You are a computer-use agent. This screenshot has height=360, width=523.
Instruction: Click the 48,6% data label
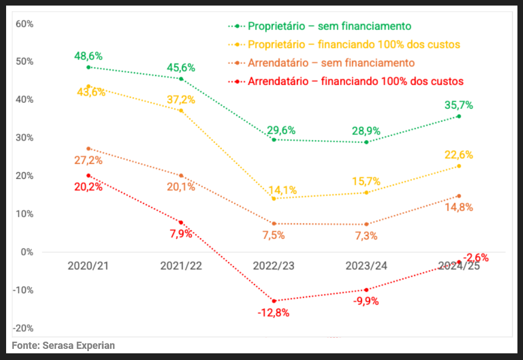(x=88, y=56)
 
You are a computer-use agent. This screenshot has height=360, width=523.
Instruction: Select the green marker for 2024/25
(x=459, y=116)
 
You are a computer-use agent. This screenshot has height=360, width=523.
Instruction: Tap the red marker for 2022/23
(x=274, y=301)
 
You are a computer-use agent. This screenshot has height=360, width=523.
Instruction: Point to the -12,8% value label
(x=273, y=312)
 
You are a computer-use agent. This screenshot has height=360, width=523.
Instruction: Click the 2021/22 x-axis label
(x=181, y=266)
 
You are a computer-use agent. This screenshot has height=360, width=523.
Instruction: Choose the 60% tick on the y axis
(x=25, y=24)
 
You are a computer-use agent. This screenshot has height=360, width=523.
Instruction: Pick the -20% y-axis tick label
(x=23, y=328)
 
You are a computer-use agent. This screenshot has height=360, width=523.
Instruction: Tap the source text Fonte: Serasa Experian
(x=63, y=345)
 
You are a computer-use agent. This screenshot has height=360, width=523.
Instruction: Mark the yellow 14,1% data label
(x=282, y=190)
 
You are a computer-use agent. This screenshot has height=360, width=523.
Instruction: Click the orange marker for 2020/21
(x=88, y=149)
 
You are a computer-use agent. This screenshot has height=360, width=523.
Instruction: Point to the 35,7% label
(x=459, y=105)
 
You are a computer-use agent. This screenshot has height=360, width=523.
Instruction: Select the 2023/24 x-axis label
(x=366, y=266)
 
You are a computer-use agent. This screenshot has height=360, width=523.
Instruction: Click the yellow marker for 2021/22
(x=181, y=111)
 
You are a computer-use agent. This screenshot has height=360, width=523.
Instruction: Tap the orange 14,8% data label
(x=459, y=207)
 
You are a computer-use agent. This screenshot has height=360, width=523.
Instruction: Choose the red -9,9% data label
(x=366, y=301)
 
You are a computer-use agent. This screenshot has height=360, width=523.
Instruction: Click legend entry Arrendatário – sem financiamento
(x=331, y=63)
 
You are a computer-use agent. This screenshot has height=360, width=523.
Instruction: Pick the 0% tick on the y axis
(x=27, y=252)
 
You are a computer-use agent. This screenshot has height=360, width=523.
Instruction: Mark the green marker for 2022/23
(x=274, y=139)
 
